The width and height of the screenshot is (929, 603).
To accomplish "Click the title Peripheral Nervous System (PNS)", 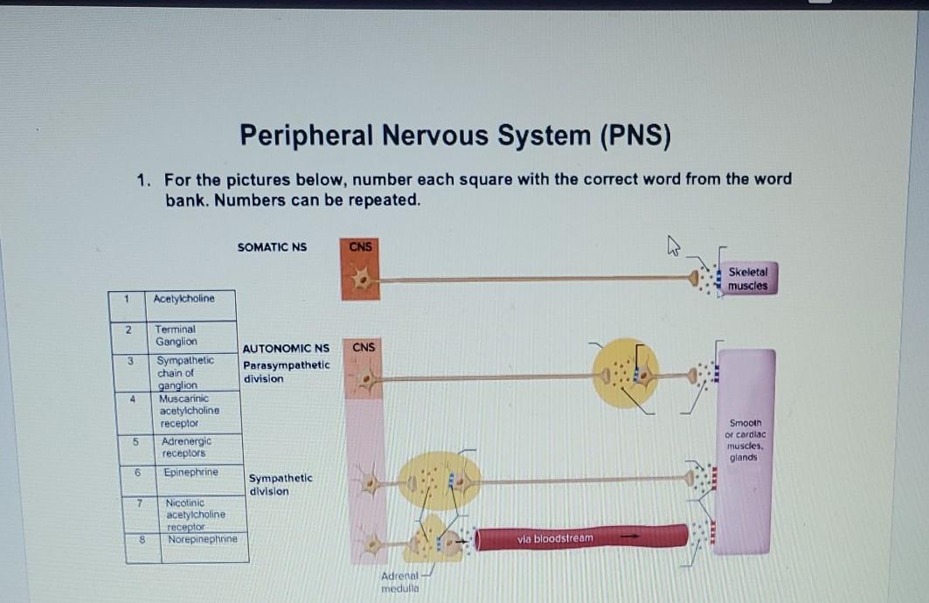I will pyautogui.click(x=455, y=136).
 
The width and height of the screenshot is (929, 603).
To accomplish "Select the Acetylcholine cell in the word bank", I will pyautogui.click(x=184, y=299).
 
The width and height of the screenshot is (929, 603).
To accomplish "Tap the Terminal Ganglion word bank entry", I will pyautogui.click(x=177, y=336).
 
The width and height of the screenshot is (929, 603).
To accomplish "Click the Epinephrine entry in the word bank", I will pyautogui.click(x=191, y=473).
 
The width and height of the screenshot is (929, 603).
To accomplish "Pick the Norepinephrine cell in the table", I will pyautogui.click(x=202, y=539).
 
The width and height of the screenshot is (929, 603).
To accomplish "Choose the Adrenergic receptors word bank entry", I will pyautogui.click(x=185, y=447).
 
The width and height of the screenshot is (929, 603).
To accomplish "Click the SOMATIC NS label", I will pyautogui.click(x=272, y=247).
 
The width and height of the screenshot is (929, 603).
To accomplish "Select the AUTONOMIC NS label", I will pyautogui.click(x=286, y=348).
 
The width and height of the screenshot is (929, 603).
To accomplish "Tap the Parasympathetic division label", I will pyautogui.click(x=286, y=371).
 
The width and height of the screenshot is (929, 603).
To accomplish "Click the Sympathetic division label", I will pyautogui.click(x=280, y=485).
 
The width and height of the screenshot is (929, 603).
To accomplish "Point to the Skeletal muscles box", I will pyautogui.click(x=747, y=279).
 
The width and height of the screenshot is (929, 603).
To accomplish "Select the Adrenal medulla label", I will pyautogui.click(x=401, y=582).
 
